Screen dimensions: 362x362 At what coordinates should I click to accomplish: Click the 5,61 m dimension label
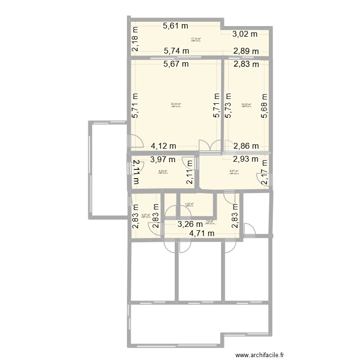(175, 27)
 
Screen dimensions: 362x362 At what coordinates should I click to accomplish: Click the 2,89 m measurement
(246, 51)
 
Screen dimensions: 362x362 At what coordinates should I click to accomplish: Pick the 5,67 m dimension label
(175, 63)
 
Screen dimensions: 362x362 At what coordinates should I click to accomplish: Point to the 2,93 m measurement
(246, 159)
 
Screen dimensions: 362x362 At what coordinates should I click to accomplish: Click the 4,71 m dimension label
(202, 234)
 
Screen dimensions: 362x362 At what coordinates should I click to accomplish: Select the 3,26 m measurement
(190, 223)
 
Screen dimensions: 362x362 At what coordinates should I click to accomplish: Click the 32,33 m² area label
(176, 104)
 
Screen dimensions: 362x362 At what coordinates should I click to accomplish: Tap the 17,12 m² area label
(195, 39)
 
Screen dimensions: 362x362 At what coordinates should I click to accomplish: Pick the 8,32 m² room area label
(163, 171)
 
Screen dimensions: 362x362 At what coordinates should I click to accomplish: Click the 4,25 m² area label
(189, 204)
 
